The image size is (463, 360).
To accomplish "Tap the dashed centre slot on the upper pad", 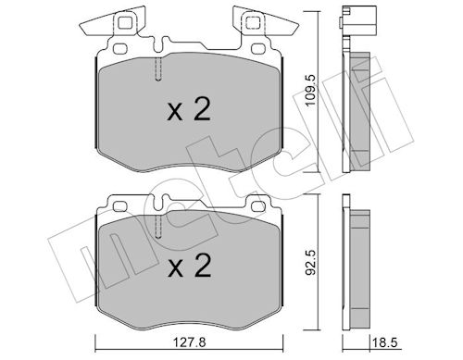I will (x=160, y=68).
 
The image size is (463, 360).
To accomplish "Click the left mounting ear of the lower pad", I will (x=119, y=202).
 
